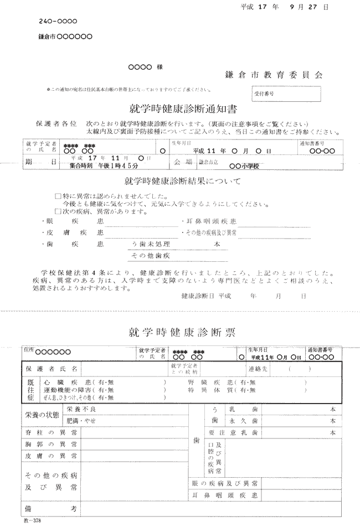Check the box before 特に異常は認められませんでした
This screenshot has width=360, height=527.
[x=58, y=197]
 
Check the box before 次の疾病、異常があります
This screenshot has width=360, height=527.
[x=58, y=211]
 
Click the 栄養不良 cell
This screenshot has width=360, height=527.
[x=81, y=409]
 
